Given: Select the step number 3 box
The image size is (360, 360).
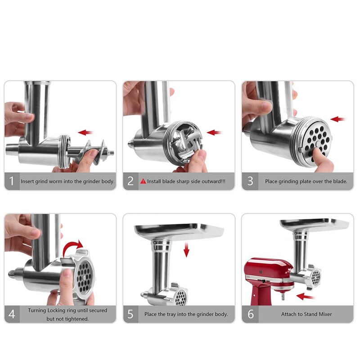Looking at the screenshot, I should [x=250, y=182].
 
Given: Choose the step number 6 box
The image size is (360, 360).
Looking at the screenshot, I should [x=250, y=314].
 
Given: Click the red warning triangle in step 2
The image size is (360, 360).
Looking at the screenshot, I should [x=143, y=182].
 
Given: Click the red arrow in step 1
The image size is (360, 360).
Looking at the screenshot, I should [x=85, y=133].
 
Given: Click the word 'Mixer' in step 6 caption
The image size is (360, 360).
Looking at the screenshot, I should [x=324, y=314].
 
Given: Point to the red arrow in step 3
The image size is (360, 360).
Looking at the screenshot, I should [x=338, y=119].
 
